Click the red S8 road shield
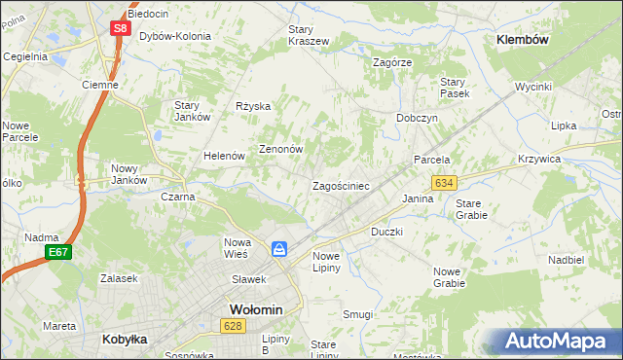click(120, 28)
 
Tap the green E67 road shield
click(57, 253)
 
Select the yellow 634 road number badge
click(445, 183)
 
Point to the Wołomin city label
click(255, 309)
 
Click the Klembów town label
click(523, 40)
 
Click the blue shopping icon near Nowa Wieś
click(279, 250)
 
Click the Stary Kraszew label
click(308, 35)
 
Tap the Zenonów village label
click(281, 150)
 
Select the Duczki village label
click(386, 233)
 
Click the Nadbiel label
click(566, 261)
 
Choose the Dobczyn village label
click(418, 118)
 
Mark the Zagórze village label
click(393, 61)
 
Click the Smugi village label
click(357, 314)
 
